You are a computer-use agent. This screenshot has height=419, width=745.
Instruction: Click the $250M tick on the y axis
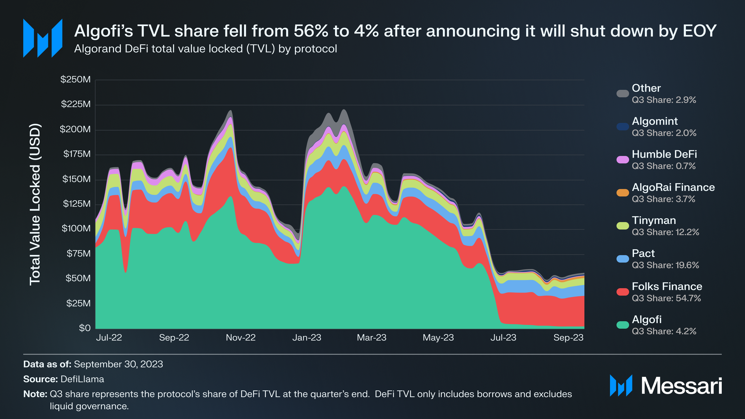coord(75,80)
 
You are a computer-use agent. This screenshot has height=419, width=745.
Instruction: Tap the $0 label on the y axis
coord(85,328)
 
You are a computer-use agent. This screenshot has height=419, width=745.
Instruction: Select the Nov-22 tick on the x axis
coord(241,338)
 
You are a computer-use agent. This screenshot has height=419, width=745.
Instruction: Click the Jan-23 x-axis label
coord(307,338)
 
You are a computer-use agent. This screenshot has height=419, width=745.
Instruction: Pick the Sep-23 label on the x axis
coord(568,338)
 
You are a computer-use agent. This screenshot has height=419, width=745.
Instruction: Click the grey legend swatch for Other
coord(623,94)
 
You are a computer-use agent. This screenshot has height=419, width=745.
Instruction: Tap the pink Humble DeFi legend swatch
coord(623,160)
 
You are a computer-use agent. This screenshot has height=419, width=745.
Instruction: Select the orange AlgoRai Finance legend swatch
coord(623,193)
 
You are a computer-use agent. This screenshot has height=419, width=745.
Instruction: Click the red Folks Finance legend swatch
coord(623,292)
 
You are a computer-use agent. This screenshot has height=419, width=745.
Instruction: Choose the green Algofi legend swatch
coord(623,325)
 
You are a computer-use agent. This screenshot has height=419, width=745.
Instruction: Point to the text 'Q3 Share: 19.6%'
coord(665,265)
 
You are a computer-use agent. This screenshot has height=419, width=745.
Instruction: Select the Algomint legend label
coord(655,121)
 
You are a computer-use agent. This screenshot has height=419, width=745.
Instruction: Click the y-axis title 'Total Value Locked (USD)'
coord(35,204)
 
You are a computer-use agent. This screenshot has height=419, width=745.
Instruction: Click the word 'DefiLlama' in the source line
coord(82,379)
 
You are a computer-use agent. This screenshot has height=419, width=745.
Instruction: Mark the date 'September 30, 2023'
coord(118,364)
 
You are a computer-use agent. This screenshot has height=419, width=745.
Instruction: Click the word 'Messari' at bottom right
coord(681,386)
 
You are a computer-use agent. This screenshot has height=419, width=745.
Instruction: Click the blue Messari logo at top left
coord(42,38)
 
